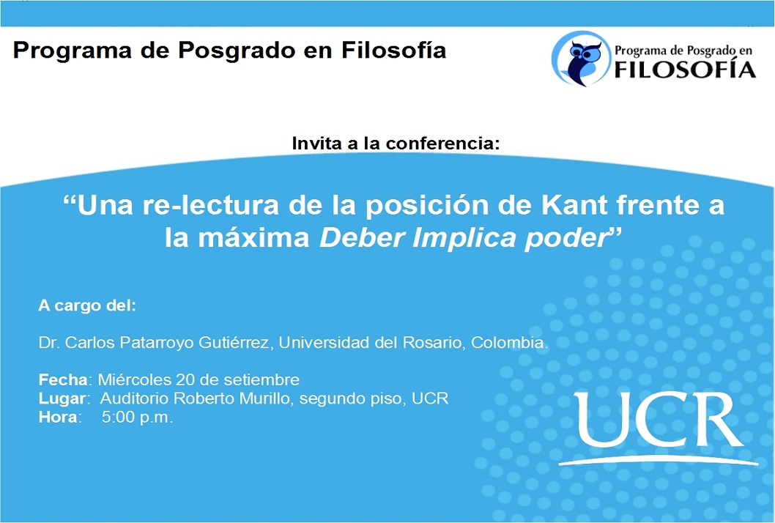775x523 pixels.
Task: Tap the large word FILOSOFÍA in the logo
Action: click(x=685, y=69)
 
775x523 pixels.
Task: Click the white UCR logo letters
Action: click(x=659, y=420)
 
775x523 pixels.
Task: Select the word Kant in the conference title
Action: click(x=574, y=204)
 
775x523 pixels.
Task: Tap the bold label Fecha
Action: click(x=63, y=379)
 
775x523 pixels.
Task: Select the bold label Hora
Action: click(x=58, y=418)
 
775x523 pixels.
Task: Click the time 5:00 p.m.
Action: click(x=138, y=418)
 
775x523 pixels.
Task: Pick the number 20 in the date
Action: click(x=185, y=379)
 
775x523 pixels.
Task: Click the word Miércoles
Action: click(x=135, y=379)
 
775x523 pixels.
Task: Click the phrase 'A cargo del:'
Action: click(x=87, y=306)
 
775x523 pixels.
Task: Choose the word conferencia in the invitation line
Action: click(x=443, y=144)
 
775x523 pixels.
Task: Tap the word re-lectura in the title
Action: click(x=211, y=204)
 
